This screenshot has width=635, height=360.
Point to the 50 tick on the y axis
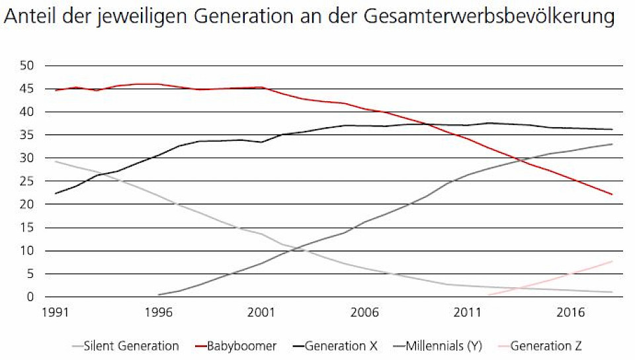click(26, 66)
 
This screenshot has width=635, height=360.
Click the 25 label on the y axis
click(26, 181)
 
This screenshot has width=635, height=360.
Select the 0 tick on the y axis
click(30, 297)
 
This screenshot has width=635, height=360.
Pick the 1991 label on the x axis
click(55, 312)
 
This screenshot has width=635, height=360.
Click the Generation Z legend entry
click(546, 345)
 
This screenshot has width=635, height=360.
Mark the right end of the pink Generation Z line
click(612, 261)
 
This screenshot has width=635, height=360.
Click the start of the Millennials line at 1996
click(159, 294)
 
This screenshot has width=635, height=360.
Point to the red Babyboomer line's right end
click(612, 195)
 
